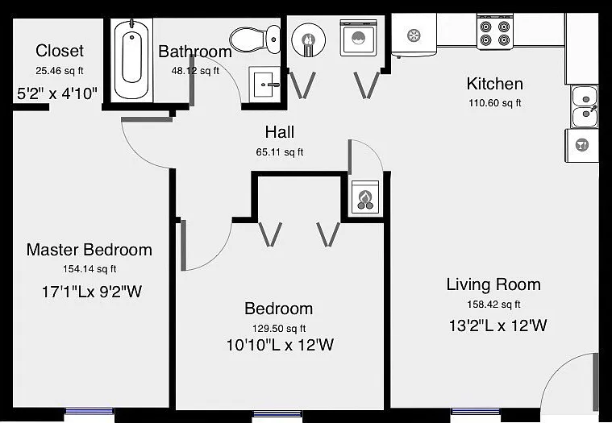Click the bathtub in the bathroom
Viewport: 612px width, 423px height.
(x=131, y=60)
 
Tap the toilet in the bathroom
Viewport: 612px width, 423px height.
(x=255, y=39)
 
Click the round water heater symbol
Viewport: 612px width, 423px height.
(x=308, y=39)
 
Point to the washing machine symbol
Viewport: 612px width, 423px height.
(x=359, y=38)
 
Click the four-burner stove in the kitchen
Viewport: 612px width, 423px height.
(x=495, y=33)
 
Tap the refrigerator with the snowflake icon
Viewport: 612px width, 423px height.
(x=414, y=35)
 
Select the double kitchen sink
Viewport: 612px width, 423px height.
(x=585, y=107)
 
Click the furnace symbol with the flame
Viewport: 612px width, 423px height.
(x=365, y=197)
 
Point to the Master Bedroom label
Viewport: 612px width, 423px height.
(x=89, y=250)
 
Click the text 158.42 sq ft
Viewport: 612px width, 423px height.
(x=493, y=304)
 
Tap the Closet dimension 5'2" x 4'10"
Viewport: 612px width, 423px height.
(x=57, y=93)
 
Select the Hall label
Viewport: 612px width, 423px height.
(x=280, y=132)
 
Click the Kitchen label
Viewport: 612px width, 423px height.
(x=494, y=84)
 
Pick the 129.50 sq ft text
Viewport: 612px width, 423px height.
(x=279, y=328)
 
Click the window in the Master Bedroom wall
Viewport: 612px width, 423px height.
(x=90, y=411)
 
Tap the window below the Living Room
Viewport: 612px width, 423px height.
(x=475, y=411)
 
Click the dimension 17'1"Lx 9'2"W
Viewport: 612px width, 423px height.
(x=92, y=292)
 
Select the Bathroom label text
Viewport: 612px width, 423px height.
(x=195, y=52)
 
